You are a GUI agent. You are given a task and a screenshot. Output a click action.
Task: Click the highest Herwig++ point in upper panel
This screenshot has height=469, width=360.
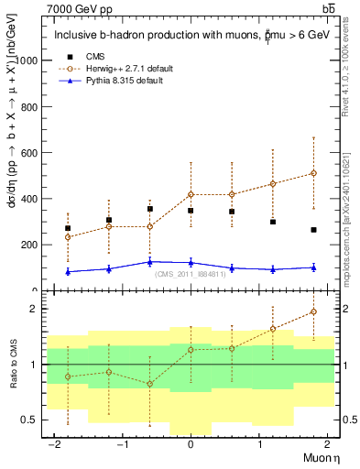pos(313,173)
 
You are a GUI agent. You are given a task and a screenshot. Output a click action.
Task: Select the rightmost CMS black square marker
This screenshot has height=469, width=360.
pos(313,230)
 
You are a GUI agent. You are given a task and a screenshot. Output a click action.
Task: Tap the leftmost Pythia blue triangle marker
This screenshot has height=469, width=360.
pos(68,271)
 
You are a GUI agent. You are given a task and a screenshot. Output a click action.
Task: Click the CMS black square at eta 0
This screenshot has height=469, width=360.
pos(191,211)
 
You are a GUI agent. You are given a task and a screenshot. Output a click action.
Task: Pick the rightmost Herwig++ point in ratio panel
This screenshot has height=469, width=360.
pos(313,311)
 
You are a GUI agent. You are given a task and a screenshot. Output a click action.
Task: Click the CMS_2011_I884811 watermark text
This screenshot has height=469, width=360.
pos(190,274)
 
